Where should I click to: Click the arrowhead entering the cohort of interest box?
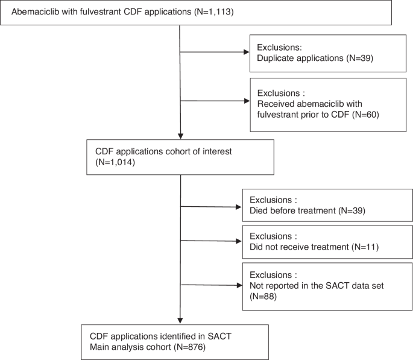(x=180, y=136)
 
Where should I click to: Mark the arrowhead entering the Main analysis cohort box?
(x=180, y=321)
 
